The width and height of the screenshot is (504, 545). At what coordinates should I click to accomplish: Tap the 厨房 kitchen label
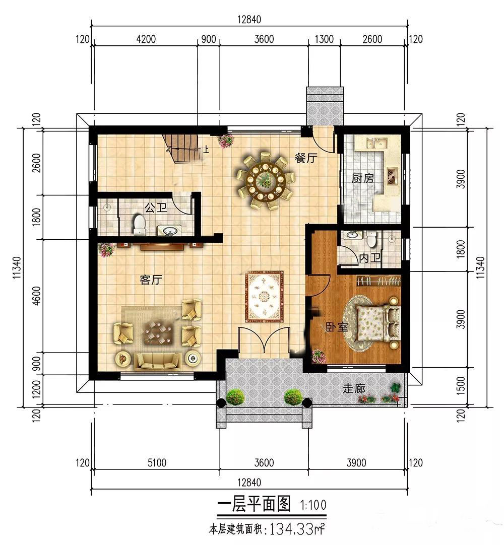point(362,178)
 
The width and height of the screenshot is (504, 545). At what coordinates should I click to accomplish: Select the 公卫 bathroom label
point(156,208)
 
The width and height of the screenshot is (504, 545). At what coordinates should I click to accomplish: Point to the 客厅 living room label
point(151,280)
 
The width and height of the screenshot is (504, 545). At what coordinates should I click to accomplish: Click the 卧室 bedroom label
point(336,327)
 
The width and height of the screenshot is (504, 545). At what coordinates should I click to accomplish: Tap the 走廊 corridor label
point(354,388)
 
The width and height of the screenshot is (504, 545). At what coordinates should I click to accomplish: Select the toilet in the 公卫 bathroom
point(139,225)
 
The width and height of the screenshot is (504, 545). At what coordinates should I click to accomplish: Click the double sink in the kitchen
point(376,143)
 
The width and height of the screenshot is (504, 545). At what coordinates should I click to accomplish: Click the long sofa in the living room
point(158,361)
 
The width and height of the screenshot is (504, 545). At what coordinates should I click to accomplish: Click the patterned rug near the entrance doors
point(264,297)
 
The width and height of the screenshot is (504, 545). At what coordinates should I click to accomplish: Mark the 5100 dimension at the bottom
point(157,462)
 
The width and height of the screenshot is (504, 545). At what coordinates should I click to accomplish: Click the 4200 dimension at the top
point(146,39)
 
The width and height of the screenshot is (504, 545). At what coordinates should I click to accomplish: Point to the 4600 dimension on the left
point(36,296)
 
